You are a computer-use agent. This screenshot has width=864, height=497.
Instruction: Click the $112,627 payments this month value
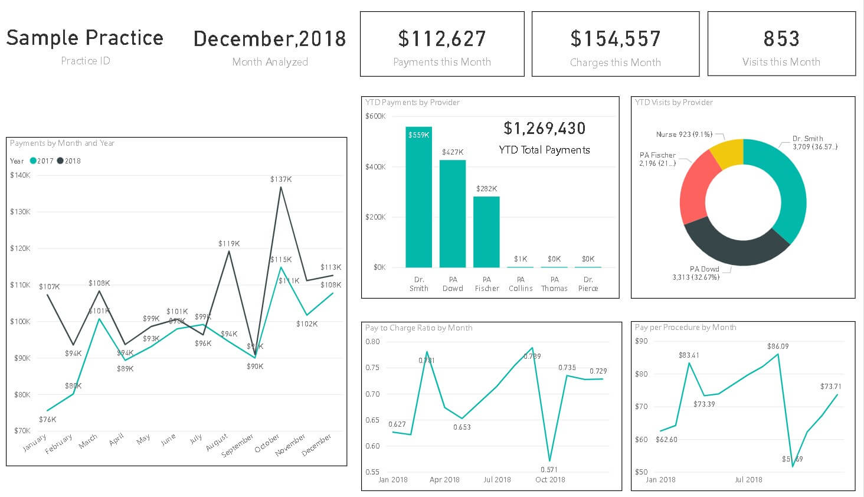pos(441,39)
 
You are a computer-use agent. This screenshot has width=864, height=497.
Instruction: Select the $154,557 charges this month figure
pos(615,39)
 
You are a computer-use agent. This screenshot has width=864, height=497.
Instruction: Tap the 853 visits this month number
pos(781,39)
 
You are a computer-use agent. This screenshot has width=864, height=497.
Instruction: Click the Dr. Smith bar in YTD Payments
pos(418,201)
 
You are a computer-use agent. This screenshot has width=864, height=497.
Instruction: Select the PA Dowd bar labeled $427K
pos(453,215)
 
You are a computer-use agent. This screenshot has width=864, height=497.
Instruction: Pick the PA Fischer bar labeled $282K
pos(486,233)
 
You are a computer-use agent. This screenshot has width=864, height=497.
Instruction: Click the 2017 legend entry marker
pos(33,161)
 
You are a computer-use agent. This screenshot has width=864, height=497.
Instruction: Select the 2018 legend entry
pos(69,161)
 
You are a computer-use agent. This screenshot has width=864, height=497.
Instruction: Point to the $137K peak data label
pos(281,179)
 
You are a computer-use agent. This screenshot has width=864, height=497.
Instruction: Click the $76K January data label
pos(47,420)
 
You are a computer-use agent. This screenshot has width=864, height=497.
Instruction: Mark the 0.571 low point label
pos(549,470)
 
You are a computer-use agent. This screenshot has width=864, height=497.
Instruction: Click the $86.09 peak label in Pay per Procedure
pos(778,346)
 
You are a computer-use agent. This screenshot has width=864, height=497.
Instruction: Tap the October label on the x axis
pos(267,444)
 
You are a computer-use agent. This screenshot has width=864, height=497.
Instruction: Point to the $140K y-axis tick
pos(20,175)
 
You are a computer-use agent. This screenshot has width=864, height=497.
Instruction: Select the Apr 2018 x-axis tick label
pos(444,480)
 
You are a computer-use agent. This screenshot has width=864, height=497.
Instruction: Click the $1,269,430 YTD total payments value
pos(544,129)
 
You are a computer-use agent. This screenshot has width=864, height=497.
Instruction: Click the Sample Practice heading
pos(85,38)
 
